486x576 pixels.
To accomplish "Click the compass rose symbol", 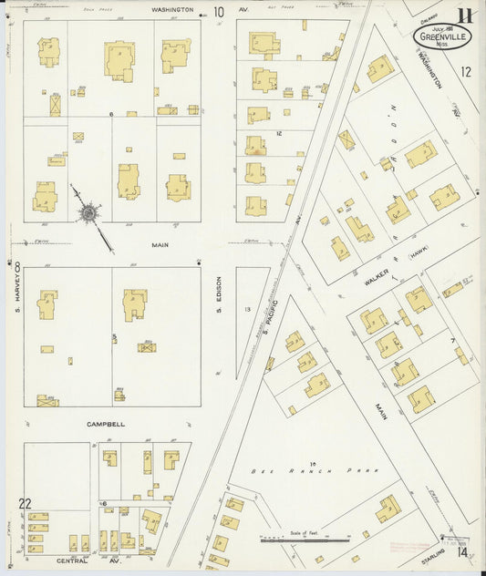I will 88,212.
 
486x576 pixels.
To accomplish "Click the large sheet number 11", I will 465,15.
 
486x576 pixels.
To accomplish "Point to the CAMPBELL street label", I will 106,424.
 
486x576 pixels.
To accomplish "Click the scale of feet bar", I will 305,540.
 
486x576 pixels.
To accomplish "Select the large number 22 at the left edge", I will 25,504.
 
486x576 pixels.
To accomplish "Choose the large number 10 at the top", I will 218,12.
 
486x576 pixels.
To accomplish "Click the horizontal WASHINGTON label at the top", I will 172,9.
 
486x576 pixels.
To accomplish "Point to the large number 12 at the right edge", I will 466,72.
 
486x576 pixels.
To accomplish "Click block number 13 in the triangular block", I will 247,310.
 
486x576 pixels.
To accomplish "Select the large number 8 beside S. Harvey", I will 17,266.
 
